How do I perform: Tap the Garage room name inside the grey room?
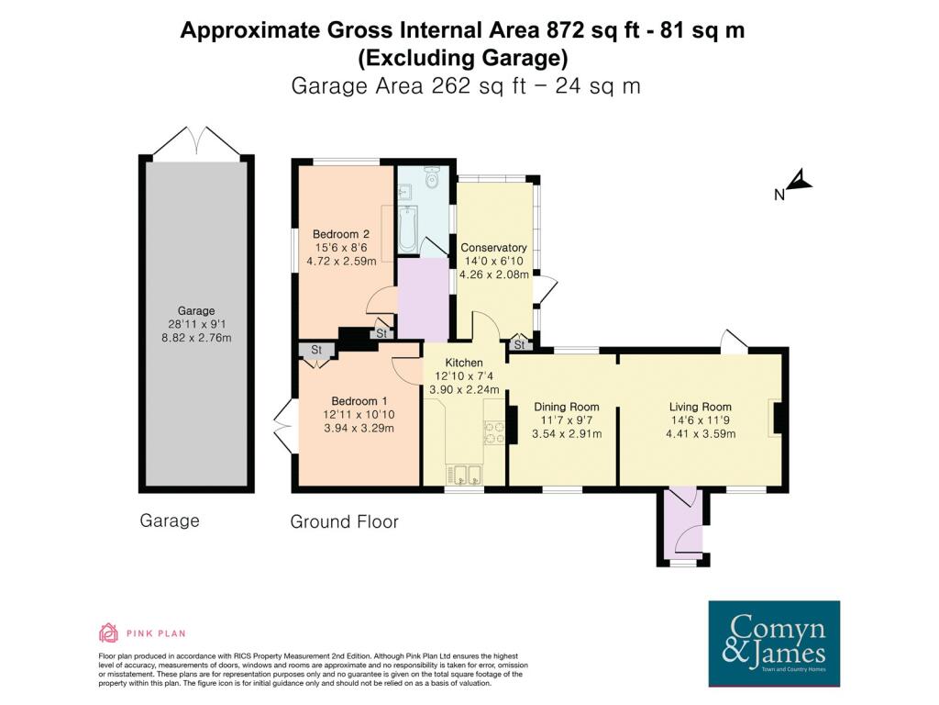coord(196,310)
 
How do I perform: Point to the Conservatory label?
coord(493,248)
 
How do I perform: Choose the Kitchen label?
coord(464,363)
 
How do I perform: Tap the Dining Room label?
coord(567,407)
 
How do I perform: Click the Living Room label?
coord(700,407)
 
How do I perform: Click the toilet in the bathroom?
coord(431,177)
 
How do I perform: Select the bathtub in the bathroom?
coord(407,229)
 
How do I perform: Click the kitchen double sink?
coord(463,475)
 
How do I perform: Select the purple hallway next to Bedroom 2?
coord(424,298)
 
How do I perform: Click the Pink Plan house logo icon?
coord(108,632)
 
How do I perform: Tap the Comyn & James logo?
coord(774,643)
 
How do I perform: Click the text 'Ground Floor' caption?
coord(345,521)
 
